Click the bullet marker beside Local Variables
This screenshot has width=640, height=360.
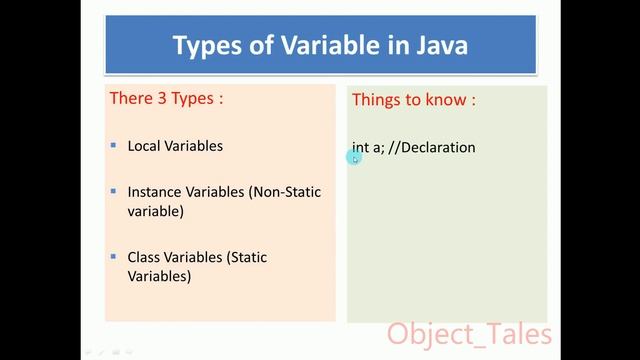[x=113, y=146]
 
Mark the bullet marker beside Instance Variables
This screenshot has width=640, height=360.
[x=113, y=191]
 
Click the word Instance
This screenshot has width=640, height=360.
[x=156, y=191]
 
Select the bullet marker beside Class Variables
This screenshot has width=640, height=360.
[x=113, y=257]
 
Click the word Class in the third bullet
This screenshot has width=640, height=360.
[x=145, y=257]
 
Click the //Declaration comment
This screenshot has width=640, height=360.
[x=432, y=147]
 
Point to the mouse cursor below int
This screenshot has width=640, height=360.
[x=355, y=157]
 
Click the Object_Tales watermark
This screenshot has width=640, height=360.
[x=469, y=332]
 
